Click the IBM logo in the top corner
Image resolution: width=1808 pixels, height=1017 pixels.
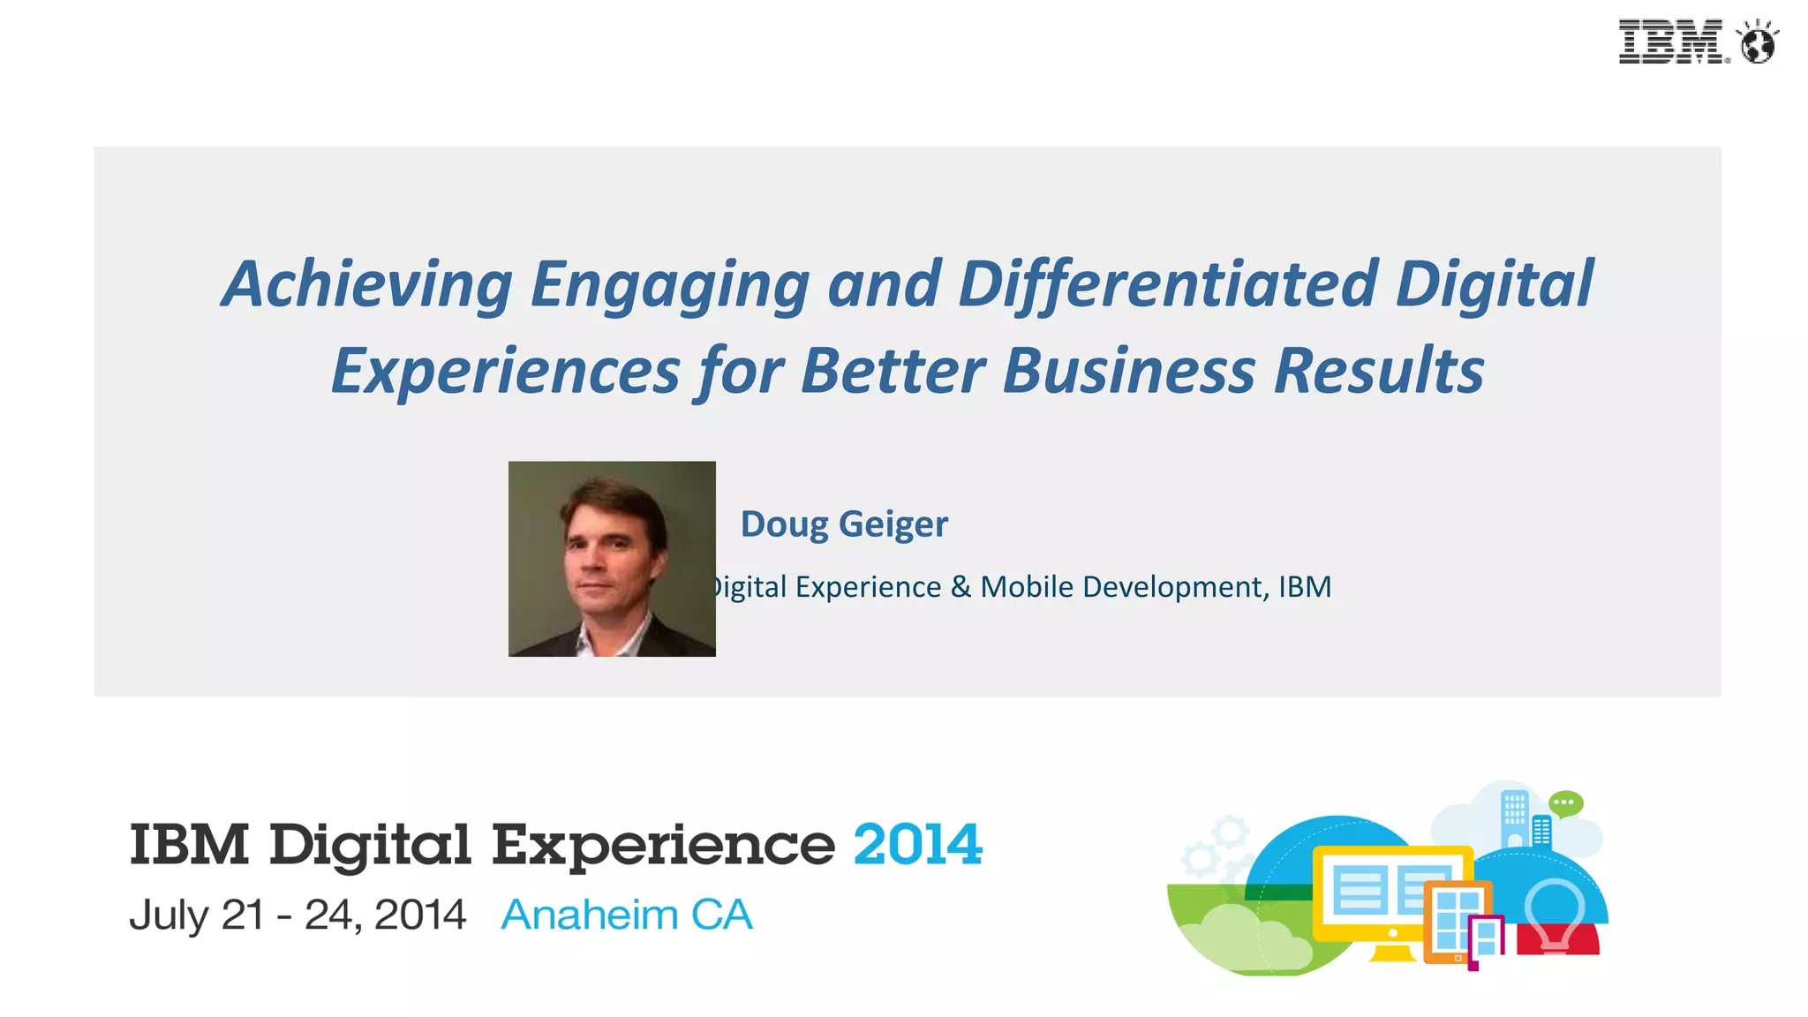coord(1670,41)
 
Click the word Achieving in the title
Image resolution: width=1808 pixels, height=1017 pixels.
coord(367,284)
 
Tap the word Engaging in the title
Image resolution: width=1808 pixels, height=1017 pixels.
coord(669,284)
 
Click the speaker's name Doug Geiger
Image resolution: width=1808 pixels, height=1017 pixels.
coord(844,524)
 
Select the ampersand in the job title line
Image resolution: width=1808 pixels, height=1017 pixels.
coord(960,587)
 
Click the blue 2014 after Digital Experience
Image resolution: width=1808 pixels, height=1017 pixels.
coord(917,844)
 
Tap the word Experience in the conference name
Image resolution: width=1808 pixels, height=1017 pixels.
coord(662,846)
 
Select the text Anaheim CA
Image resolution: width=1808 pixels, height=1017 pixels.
coord(627,915)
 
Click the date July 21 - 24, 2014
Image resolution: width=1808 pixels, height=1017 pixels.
coord(298,915)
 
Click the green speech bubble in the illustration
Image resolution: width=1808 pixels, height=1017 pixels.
coord(1566,803)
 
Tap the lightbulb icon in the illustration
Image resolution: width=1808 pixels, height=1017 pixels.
coord(1556,914)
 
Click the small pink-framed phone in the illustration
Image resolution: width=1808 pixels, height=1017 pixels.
coord(1486,941)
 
